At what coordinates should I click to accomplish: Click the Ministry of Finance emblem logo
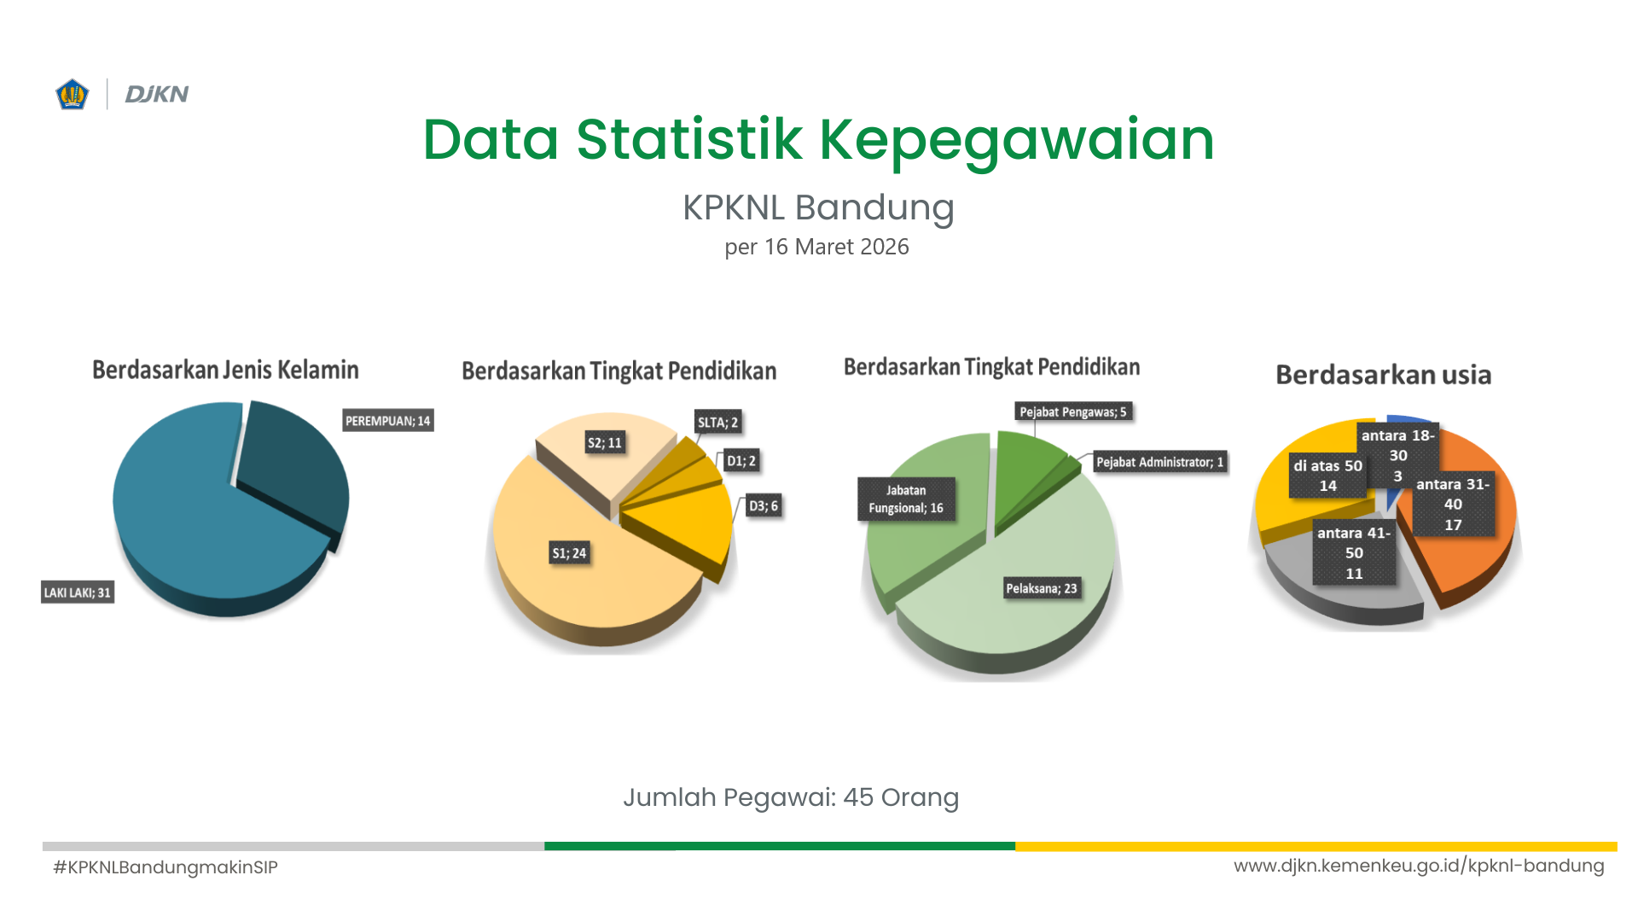click(73, 94)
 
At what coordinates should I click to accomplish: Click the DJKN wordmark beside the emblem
click(157, 94)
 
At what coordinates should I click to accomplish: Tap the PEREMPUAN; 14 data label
click(388, 421)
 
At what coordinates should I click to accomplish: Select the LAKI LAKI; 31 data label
click(78, 592)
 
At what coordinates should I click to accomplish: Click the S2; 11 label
click(605, 442)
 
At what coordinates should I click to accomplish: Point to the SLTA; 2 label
click(717, 422)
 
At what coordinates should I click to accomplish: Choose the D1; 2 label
click(741, 461)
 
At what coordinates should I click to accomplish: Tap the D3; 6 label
click(764, 506)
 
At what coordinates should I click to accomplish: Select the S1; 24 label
click(569, 553)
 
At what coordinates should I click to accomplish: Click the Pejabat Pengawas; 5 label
click(1073, 411)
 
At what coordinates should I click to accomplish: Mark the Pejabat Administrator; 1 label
click(1160, 462)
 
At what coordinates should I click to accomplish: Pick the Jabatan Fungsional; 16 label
click(906, 499)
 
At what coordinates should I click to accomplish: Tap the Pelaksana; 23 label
click(1042, 588)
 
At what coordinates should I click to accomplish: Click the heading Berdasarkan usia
click(1384, 375)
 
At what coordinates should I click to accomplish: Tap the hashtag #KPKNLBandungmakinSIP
click(166, 867)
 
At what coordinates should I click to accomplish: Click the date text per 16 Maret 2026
click(816, 247)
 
